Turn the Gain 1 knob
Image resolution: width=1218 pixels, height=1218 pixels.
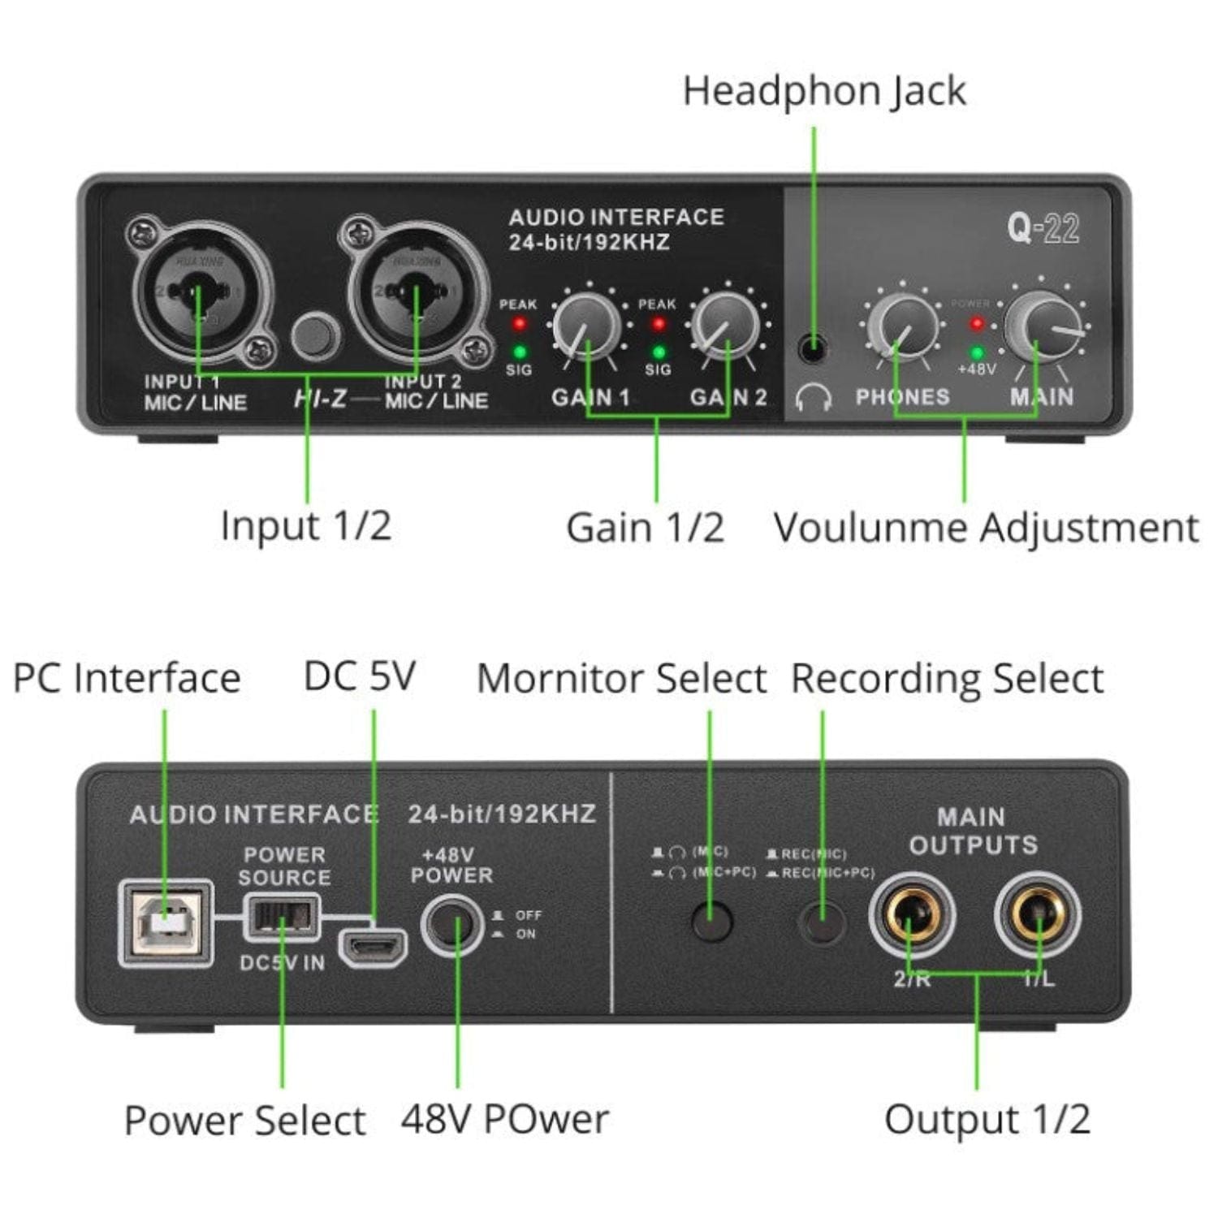(586, 326)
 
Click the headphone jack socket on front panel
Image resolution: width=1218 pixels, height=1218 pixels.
(812, 350)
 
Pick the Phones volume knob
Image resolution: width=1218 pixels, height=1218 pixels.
(902, 326)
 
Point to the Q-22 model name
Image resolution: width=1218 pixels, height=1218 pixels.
(1043, 228)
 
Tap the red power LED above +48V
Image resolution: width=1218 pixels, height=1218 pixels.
(977, 324)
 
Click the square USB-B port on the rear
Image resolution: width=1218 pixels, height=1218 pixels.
(166, 923)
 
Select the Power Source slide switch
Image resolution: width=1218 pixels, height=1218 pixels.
(283, 917)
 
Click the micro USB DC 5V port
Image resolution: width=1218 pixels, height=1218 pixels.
(373, 947)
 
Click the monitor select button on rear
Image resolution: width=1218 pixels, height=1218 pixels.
(711, 921)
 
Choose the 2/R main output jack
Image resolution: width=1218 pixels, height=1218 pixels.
(911, 915)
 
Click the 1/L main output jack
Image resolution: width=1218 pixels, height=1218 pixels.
(1038, 915)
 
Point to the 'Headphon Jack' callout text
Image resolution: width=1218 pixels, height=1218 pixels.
(823, 91)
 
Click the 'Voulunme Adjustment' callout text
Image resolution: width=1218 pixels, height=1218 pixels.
(986, 528)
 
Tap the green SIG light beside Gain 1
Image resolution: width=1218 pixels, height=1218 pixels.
(519, 352)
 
